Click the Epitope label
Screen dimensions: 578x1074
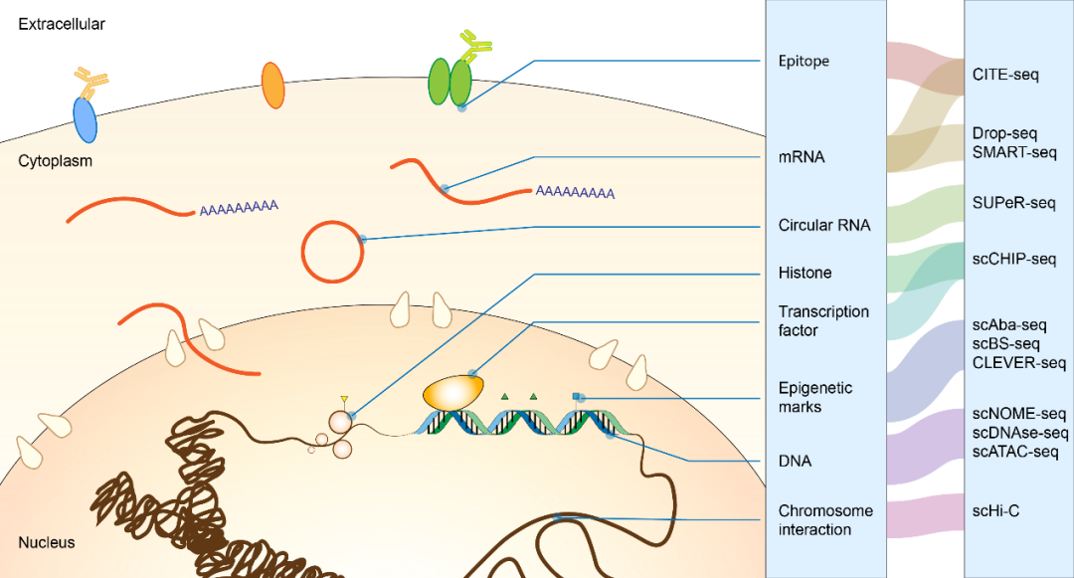pos(804,62)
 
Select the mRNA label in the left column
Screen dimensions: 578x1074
pos(802,157)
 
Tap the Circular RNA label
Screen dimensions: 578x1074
pos(824,225)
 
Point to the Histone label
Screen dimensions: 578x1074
pos(805,273)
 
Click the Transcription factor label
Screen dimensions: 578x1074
pos(823,320)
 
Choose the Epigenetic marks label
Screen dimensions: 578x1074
pos(815,397)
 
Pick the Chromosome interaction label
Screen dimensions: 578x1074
pos(825,519)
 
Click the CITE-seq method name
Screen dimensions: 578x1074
pos(1004,75)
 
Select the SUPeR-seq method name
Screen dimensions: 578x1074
pos(1013,203)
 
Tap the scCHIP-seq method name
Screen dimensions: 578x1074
pos(1014,260)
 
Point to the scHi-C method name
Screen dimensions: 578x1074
pos(995,511)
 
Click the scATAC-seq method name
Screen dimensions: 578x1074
pos(1015,452)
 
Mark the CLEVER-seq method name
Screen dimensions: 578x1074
pos(1019,363)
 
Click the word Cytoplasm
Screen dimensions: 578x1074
pos(55,161)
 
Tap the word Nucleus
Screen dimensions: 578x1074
pos(46,543)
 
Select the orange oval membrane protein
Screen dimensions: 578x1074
pos(271,86)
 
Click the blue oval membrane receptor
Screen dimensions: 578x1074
pos(86,119)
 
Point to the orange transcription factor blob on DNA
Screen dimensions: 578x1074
pos(453,391)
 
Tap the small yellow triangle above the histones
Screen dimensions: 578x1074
pos(344,400)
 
